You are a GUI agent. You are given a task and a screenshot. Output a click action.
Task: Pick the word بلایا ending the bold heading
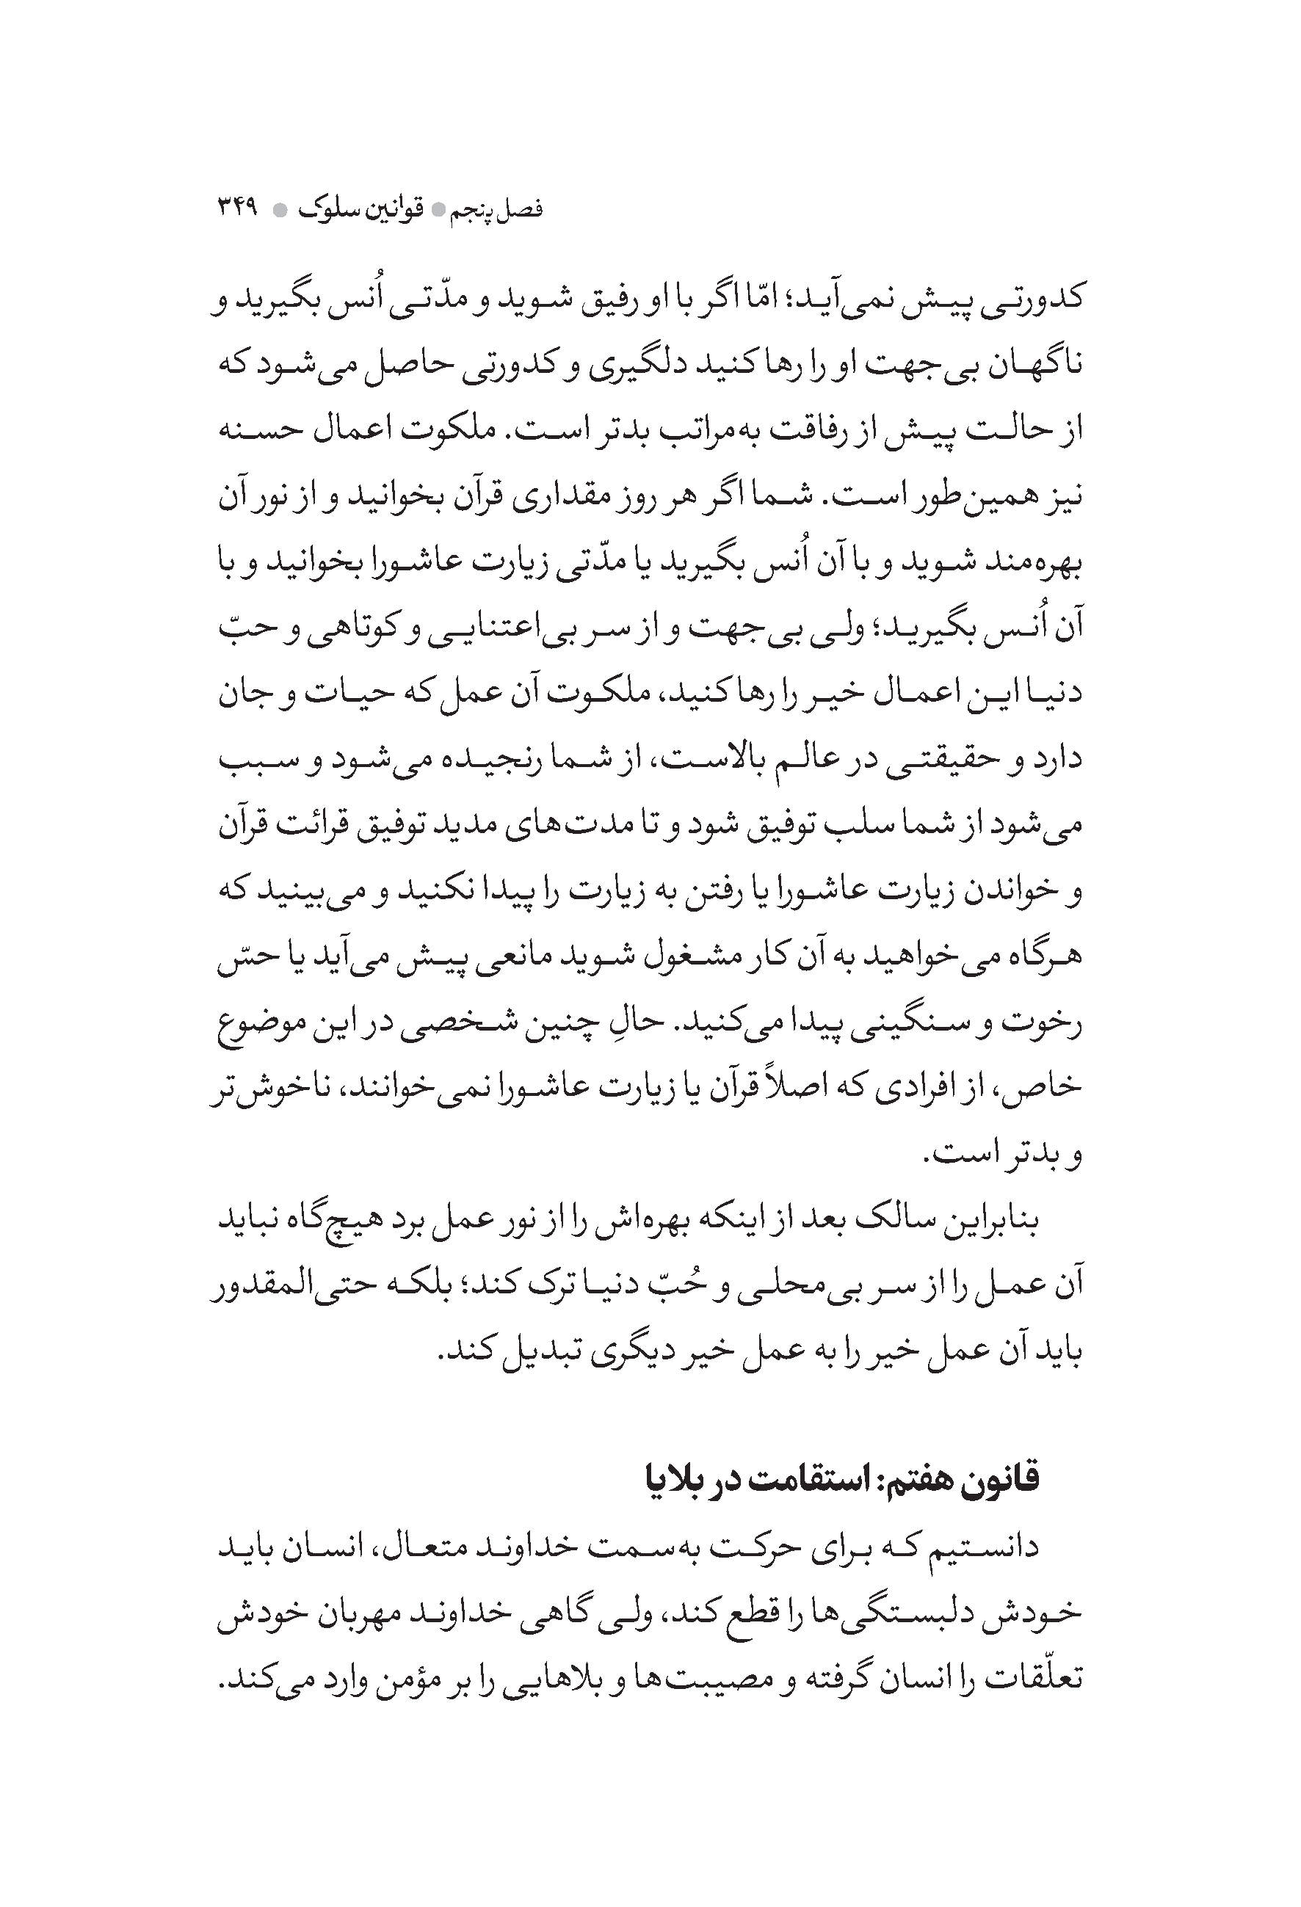pos(673,1478)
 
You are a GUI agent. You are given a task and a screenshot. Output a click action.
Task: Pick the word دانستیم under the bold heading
pos(986,1546)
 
